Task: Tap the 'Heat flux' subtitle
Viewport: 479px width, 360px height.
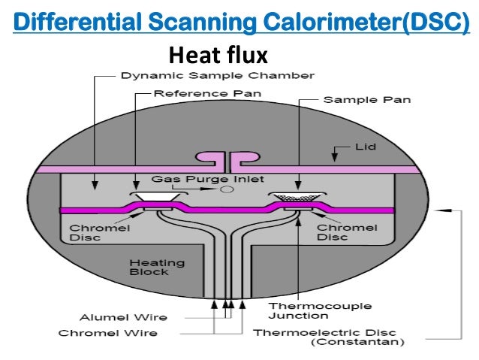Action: point(218,55)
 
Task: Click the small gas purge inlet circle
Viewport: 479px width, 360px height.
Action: point(225,190)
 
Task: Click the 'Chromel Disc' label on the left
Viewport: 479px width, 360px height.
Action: point(89,232)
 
